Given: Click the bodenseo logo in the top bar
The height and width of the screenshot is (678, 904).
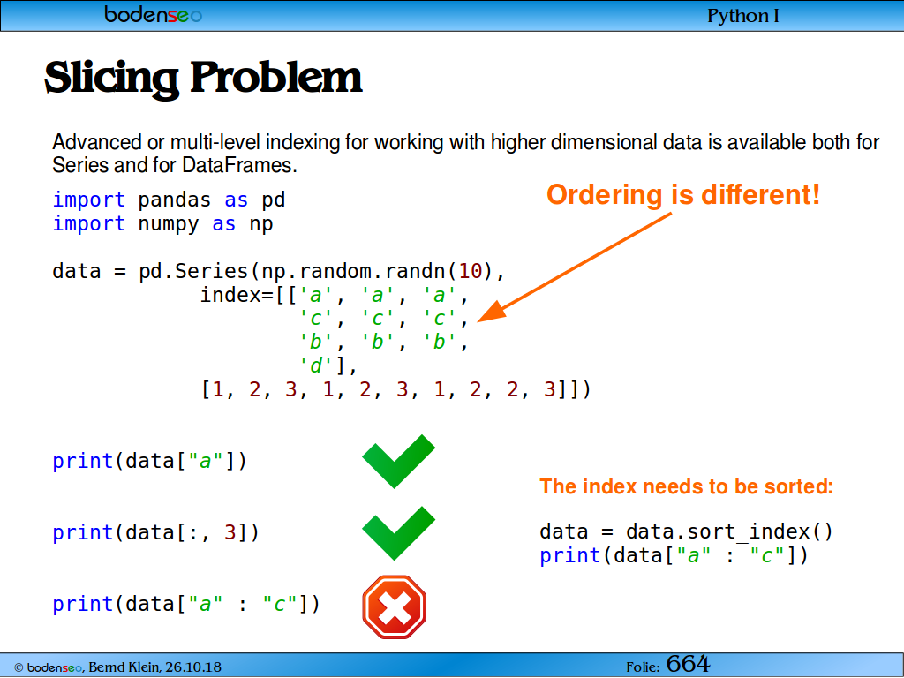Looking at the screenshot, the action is pos(153,14).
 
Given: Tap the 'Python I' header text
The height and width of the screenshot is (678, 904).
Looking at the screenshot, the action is pos(743,16).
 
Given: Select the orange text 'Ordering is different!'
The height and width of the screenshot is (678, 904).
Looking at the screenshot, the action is pos(683,194).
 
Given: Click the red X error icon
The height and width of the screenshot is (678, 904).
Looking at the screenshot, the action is pos(395,606).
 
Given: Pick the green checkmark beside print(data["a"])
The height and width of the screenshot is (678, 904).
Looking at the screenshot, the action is pos(398,461).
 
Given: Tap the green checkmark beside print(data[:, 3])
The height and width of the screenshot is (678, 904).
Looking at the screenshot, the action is pos(398,532).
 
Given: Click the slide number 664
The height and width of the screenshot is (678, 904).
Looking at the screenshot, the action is pos(689,664).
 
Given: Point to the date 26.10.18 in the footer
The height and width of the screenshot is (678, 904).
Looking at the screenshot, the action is pos(193,667).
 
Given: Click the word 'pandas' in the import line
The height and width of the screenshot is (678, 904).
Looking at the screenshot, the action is pos(174,200).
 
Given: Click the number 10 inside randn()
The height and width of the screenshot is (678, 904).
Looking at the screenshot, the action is pos(471,271).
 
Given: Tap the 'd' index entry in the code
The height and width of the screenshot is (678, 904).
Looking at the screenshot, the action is pos(316,365).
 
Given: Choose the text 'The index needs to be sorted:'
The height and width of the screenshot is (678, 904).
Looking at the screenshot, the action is pos(687,486).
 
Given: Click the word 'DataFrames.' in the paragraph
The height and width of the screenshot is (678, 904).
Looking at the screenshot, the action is pos(239,165).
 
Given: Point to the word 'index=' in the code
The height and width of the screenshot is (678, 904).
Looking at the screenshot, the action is pos(237,295).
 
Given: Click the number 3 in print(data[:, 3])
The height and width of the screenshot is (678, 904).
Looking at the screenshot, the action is pos(230,532).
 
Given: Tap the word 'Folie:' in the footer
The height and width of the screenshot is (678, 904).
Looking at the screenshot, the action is pos(643,667).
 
